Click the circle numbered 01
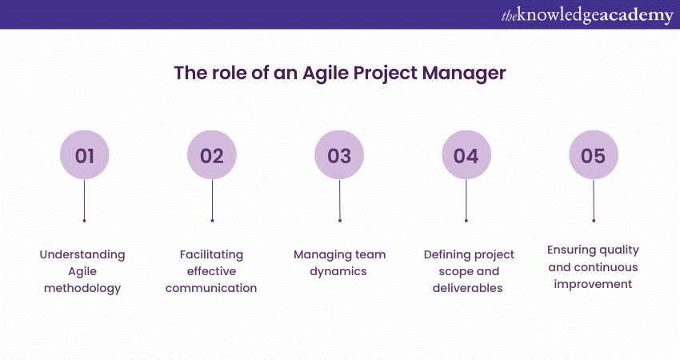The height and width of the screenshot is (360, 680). click(x=85, y=155)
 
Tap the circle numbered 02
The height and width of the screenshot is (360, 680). click(x=212, y=155)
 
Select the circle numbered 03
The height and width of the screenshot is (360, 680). click(x=339, y=155)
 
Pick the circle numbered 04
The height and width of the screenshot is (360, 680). click(x=466, y=155)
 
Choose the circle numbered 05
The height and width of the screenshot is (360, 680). click(x=594, y=155)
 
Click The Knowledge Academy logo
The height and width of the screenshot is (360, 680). click(x=587, y=16)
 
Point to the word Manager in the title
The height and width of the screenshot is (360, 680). click(x=464, y=74)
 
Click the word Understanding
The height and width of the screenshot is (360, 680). click(x=82, y=255)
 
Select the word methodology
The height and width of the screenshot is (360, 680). click(x=82, y=289)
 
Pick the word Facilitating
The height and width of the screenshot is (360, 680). click(x=212, y=255)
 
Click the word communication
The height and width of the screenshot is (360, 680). click(x=211, y=288)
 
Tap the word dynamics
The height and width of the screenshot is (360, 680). click(x=338, y=272)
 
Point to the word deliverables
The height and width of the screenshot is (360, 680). click(x=467, y=288)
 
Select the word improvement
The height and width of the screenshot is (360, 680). click(x=593, y=285)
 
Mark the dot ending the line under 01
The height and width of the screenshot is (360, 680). click(x=84, y=221)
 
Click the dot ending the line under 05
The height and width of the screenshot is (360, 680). click(x=594, y=221)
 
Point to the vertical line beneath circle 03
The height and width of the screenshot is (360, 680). click(x=339, y=199)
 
